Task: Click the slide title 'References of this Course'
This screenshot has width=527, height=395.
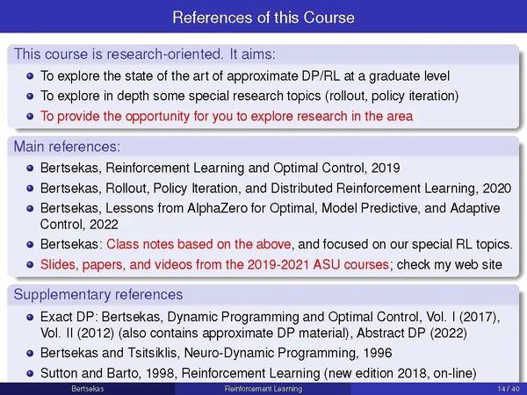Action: tap(263, 17)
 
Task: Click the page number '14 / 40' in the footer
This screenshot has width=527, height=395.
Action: tap(506, 389)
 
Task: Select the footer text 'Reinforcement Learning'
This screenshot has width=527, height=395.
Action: tap(263, 389)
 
